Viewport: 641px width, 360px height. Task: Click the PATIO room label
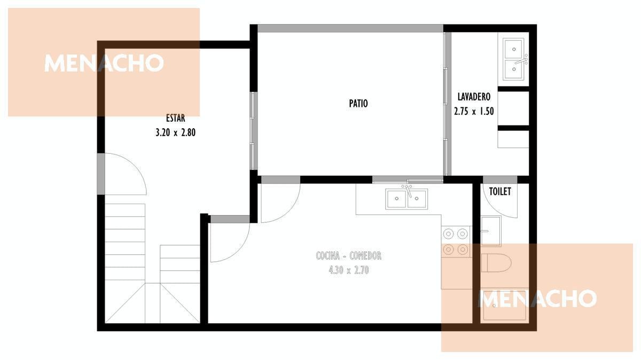pyautogui.click(x=358, y=103)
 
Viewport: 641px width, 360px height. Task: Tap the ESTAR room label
pyautogui.click(x=175, y=118)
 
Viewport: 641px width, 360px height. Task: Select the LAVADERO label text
pyautogui.click(x=474, y=97)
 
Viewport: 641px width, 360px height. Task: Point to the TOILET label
pyautogui.click(x=500, y=191)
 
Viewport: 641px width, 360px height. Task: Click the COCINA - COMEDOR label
pyautogui.click(x=348, y=255)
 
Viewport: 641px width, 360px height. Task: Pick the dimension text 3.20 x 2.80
pyautogui.click(x=175, y=132)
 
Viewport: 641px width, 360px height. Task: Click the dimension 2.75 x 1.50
pyautogui.click(x=474, y=111)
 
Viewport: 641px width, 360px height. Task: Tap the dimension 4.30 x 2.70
pyautogui.click(x=348, y=270)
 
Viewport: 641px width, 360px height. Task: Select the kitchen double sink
pyautogui.click(x=407, y=198)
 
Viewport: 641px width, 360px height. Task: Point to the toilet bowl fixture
pyautogui.click(x=496, y=263)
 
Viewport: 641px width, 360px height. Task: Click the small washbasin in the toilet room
pyautogui.click(x=491, y=231)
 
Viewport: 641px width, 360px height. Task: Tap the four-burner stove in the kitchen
pyautogui.click(x=455, y=242)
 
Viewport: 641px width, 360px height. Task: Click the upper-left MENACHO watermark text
pyautogui.click(x=104, y=63)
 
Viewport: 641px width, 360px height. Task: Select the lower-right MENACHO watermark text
pyautogui.click(x=537, y=299)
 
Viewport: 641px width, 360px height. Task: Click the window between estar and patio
pyautogui.click(x=253, y=131)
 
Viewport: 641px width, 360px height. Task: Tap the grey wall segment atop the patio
pyautogui.click(x=350, y=28)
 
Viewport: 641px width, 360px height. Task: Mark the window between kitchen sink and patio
pyautogui.click(x=408, y=179)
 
